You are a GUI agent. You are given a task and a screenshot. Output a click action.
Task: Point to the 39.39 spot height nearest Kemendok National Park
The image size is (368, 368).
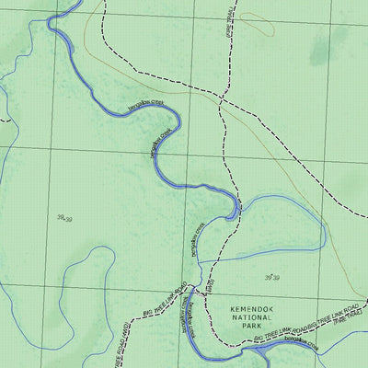pyautogui.click(x=271, y=277)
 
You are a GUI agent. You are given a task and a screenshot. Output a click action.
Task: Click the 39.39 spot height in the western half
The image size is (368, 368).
pyautogui.click(x=63, y=218)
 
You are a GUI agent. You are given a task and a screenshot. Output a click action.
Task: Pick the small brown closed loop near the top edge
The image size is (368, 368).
pyautogui.click(x=267, y=26)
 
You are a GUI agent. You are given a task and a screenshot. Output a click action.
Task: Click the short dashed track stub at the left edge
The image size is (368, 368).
pyautogui.click(x=4, y=119)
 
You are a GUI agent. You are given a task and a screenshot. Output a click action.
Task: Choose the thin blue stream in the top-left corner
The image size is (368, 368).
pyautogui.click(x=18, y=55)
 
